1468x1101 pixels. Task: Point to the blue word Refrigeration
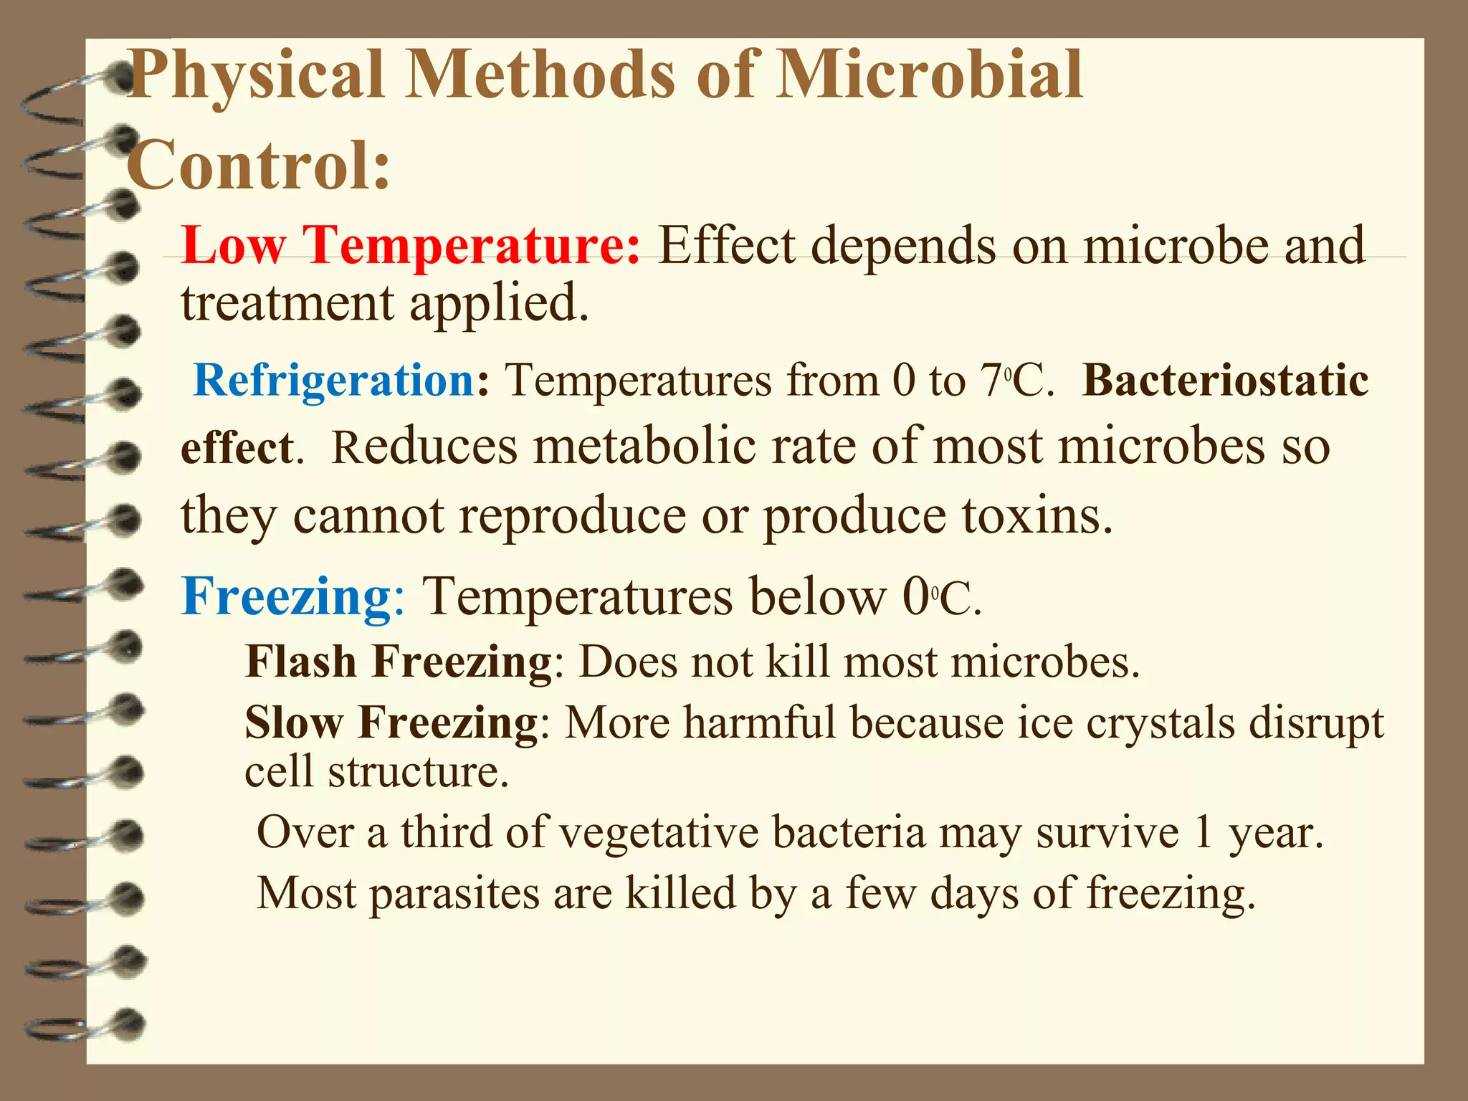[x=334, y=380]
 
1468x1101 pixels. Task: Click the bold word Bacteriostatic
[x=1224, y=380]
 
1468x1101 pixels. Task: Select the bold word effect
[x=237, y=448]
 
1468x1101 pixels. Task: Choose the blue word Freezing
[x=285, y=596]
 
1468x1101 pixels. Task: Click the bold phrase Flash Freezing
[x=399, y=661]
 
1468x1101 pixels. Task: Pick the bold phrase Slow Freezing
[x=391, y=722]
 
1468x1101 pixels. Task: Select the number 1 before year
[x=1204, y=833]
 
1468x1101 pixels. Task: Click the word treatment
[x=287, y=302]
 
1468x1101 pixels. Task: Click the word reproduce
[x=571, y=516]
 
